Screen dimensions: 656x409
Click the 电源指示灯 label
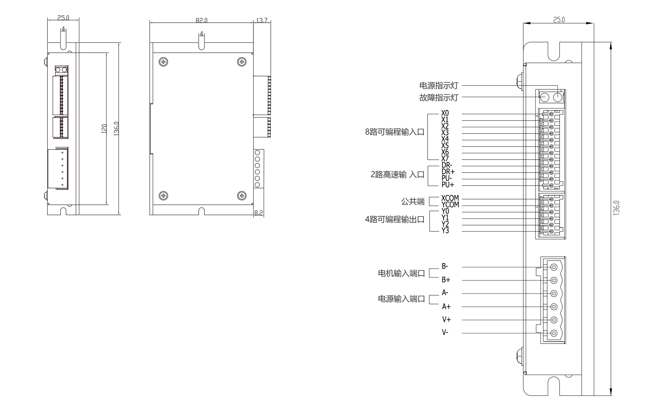coord(438,86)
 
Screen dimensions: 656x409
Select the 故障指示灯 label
coord(438,98)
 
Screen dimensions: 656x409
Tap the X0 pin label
coord(445,113)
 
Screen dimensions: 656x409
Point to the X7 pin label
coord(445,159)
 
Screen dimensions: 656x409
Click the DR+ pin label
coord(448,172)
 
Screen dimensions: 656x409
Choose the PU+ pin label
coord(448,185)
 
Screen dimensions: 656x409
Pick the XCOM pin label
coord(450,198)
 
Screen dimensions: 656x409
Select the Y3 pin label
coord(445,231)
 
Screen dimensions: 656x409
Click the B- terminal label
coord(445,266)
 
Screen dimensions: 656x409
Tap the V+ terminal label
coord(446,320)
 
